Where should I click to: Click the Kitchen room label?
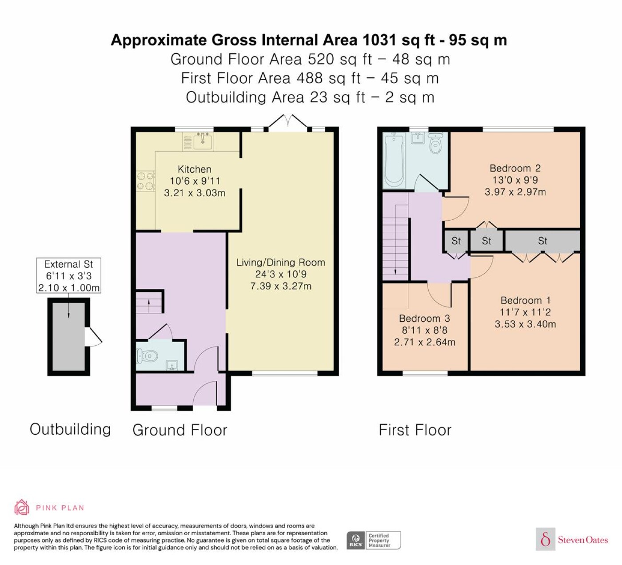pyautogui.click(x=195, y=169)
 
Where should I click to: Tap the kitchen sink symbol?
pyautogui.click(x=203, y=141)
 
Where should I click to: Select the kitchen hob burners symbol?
pyautogui.click(x=146, y=181)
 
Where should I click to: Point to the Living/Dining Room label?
pyautogui.click(x=281, y=262)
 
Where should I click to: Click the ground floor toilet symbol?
pyautogui.click(x=148, y=356)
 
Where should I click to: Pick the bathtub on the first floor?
pyautogui.click(x=394, y=160)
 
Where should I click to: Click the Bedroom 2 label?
pyautogui.click(x=515, y=168)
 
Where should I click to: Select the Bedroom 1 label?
pyautogui.click(x=525, y=300)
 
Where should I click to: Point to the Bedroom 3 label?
pyautogui.click(x=424, y=319)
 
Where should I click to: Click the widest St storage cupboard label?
pyautogui.click(x=542, y=241)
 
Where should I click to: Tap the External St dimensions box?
pyautogui.click(x=68, y=276)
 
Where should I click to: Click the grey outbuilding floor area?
pyautogui.click(x=68, y=337)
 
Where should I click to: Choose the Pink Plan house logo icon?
pyautogui.click(x=22, y=508)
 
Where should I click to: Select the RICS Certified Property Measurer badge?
pyautogui.click(x=374, y=541)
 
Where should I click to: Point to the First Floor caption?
pyautogui.click(x=415, y=430)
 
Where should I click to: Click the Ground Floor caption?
pyautogui.click(x=180, y=430)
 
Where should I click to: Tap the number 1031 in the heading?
pyautogui.click(x=379, y=40)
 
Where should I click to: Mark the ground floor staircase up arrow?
pyautogui.click(x=149, y=306)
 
